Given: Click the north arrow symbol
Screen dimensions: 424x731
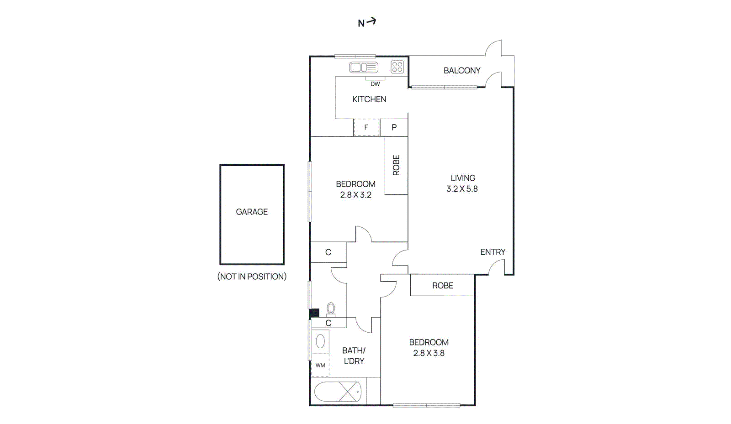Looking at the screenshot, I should point(367,22).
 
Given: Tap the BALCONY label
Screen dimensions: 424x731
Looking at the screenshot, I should point(462,71).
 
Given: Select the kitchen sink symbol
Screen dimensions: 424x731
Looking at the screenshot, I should point(364,68).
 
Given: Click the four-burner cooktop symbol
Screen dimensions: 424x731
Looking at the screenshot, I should point(397,67).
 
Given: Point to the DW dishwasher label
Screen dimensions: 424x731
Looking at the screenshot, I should point(375,84).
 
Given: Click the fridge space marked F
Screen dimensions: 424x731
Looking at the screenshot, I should point(366,127).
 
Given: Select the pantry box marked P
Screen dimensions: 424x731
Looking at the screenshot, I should point(394,127).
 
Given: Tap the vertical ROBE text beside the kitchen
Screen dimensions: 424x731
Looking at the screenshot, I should point(396,165).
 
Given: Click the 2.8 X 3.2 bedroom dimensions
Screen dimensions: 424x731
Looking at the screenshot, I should point(355,195).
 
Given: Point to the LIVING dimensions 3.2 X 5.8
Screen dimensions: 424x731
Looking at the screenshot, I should point(462,189).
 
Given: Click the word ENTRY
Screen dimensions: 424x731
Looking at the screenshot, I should point(493,252).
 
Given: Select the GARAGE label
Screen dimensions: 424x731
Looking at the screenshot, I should point(252,212).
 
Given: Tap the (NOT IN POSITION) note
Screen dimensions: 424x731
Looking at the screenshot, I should point(252,277).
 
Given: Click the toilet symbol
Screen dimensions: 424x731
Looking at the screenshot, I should point(331,309).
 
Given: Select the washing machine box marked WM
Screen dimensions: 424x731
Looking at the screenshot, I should point(320,365).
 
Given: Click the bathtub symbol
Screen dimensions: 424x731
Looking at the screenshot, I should point(338,392).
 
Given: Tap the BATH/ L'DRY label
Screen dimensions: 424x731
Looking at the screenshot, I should point(354,356).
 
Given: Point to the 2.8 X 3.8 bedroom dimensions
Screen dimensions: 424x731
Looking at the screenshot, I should point(429,353).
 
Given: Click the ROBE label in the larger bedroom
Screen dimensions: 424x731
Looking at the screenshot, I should point(442,286).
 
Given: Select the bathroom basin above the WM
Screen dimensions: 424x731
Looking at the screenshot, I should point(320,341).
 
